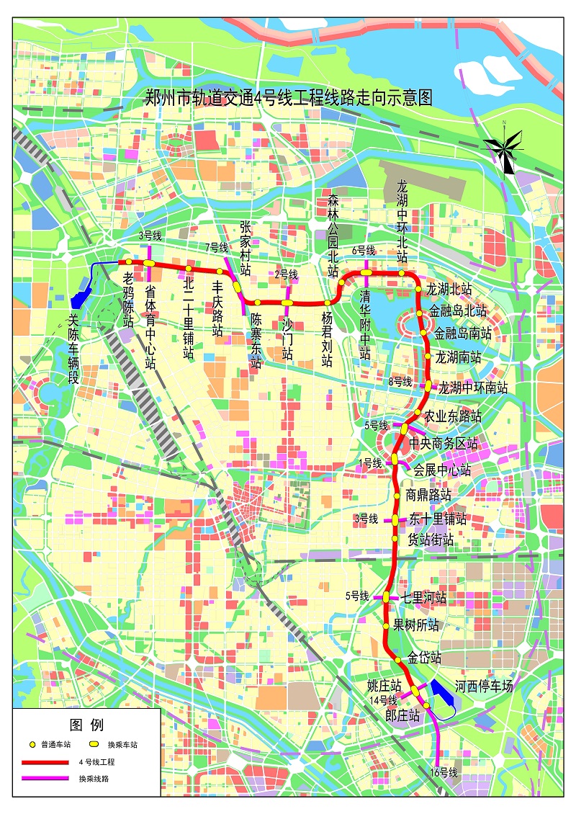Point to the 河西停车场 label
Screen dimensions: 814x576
pyautogui.click(x=484, y=686)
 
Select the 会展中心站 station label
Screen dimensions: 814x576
pyautogui.click(x=442, y=470)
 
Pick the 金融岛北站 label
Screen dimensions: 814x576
pyautogui.click(x=458, y=312)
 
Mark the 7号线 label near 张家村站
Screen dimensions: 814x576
pyautogui.click(x=216, y=247)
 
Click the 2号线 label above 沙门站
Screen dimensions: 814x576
pyautogui.click(x=286, y=274)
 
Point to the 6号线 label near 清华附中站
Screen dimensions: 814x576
pyautogui.click(x=364, y=250)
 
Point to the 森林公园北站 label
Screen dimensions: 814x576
pyautogui.click(x=333, y=235)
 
